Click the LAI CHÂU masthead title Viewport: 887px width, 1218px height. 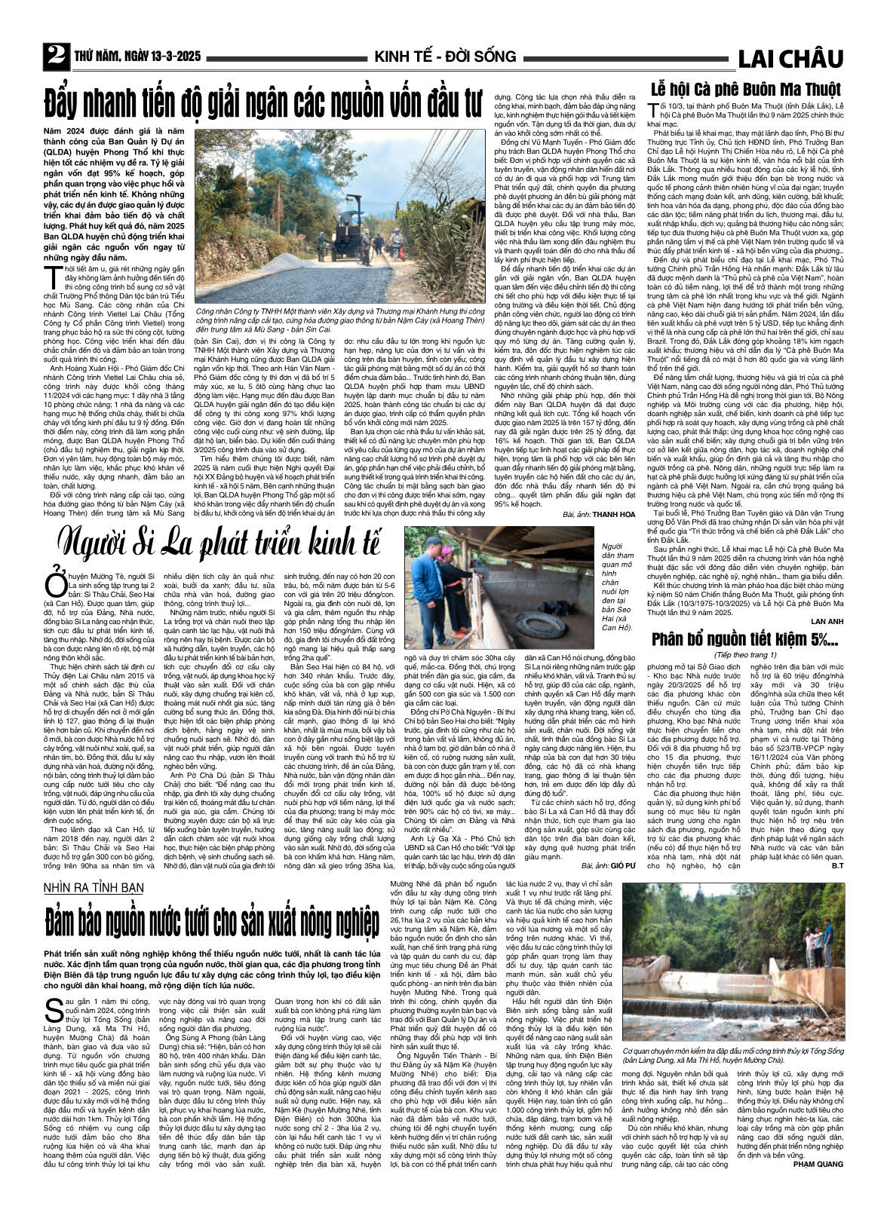790,59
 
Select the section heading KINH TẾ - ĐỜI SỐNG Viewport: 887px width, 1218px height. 445,57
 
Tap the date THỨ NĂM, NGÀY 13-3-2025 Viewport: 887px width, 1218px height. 137,57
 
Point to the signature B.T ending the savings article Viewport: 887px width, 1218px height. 836,866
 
